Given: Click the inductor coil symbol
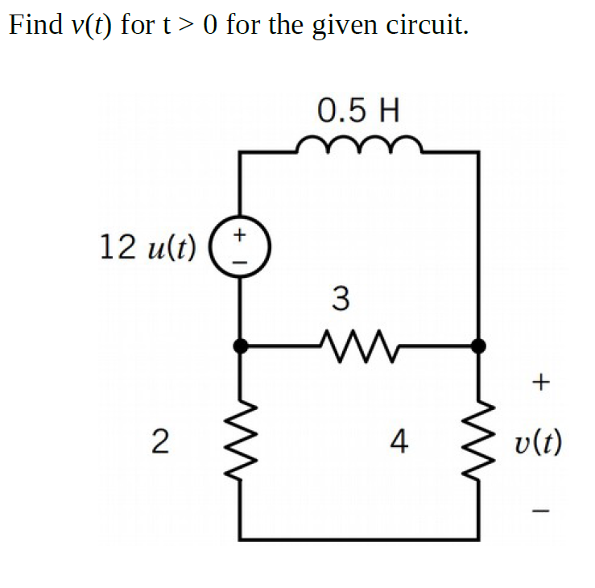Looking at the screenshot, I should [x=358, y=146].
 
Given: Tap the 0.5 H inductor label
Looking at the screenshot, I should [x=358, y=109].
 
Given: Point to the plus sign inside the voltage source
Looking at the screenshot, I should [x=239, y=234].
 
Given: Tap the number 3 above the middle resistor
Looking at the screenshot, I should [x=341, y=300].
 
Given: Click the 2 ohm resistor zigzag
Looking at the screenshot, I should [x=240, y=441].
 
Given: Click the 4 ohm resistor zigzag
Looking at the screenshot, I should [x=478, y=441].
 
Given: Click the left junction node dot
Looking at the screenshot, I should [x=240, y=346].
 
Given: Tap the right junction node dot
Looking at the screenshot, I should [x=478, y=346].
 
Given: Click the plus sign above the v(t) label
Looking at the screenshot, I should [x=540, y=383].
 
